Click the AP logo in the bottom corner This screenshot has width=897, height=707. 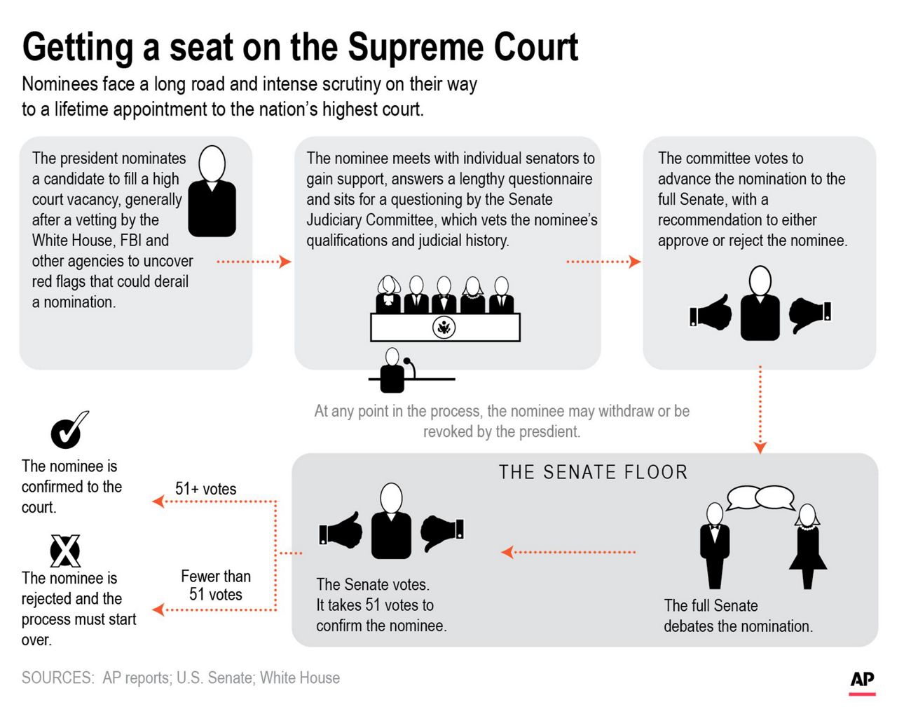862,680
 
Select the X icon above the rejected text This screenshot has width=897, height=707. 65,551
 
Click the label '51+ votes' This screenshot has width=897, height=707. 205,489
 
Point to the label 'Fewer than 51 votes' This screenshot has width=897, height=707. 215,585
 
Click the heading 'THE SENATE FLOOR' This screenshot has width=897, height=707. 593,472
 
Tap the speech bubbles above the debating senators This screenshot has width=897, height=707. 760,497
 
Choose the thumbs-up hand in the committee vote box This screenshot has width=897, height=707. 711,313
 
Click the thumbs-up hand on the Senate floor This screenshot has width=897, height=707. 341,530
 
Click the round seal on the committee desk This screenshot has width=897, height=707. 444,327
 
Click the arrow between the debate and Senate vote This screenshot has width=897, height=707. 568,552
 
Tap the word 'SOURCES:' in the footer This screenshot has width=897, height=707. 57,678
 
